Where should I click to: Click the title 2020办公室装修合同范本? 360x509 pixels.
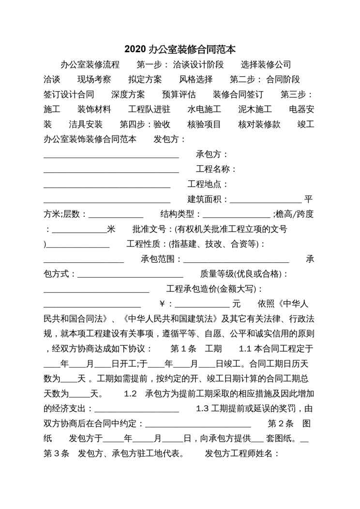coord(180,49)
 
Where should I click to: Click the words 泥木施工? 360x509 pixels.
coord(255,110)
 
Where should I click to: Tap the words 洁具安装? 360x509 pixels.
coord(86,124)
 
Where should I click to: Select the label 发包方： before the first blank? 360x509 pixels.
coord(170,139)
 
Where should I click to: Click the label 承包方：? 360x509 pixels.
coord(212,154)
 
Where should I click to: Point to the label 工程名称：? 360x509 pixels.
coord(216,169)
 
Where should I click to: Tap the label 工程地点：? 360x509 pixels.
coord(208,184)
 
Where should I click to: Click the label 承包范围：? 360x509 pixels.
coord(161,259)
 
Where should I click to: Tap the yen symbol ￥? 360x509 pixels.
coord(164,304)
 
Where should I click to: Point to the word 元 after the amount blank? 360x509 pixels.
coord(236,304)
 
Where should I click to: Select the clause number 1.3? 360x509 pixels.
coord(202,408)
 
